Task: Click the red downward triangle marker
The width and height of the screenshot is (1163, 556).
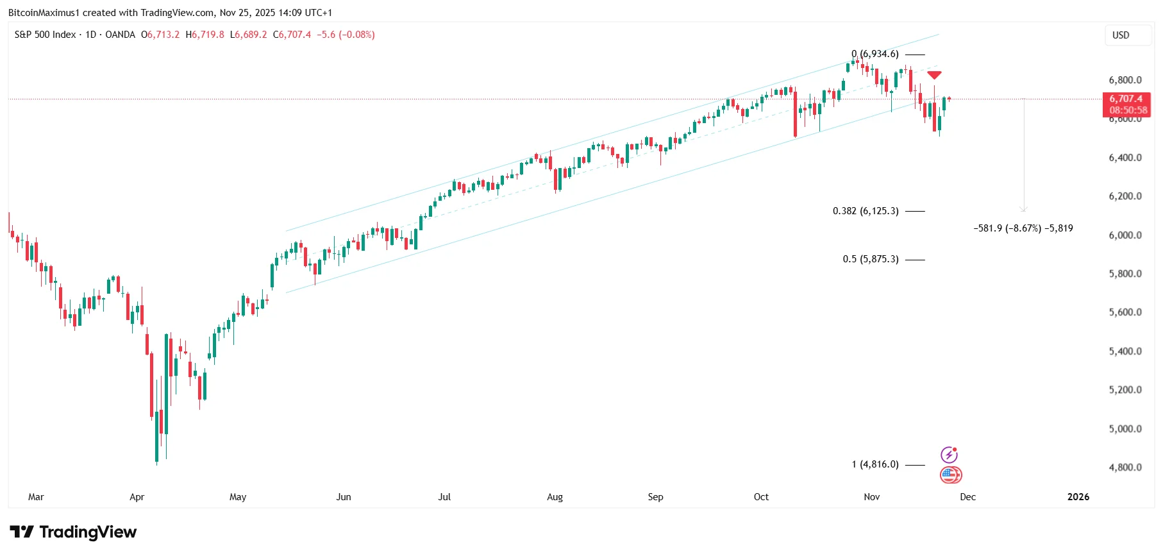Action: click(x=934, y=76)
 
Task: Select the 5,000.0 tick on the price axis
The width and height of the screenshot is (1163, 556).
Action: click(x=1125, y=429)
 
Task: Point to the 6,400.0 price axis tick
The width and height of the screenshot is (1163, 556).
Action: click(x=1125, y=158)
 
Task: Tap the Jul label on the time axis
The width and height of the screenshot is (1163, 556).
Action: click(x=444, y=497)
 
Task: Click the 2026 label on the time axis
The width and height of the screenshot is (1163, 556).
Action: click(x=1078, y=497)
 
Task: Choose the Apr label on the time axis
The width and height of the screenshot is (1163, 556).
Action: click(x=137, y=497)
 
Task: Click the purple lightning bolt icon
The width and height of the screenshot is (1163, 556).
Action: click(x=949, y=455)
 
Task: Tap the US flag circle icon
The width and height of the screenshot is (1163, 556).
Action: click(x=950, y=475)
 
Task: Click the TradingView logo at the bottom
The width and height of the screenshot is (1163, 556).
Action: click(x=73, y=532)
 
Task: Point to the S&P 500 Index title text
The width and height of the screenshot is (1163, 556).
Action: click(x=45, y=35)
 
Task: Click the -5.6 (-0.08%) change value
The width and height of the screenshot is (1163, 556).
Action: click(x=346, y=35)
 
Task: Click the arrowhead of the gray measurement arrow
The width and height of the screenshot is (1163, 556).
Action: click(x=1024, y=208)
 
